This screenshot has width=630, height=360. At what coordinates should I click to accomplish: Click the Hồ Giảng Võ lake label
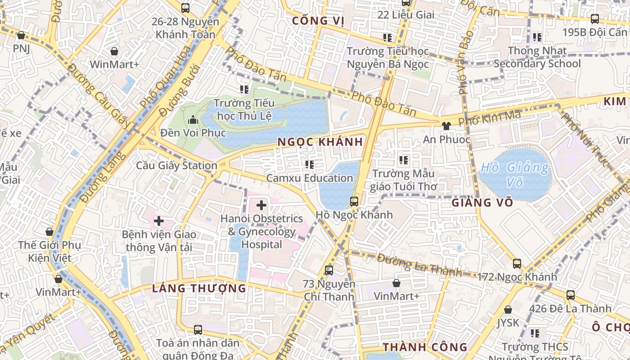(515, 175)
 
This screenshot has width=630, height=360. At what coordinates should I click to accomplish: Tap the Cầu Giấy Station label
(177, 166)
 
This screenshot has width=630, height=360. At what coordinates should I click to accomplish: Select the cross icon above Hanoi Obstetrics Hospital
(261, 206)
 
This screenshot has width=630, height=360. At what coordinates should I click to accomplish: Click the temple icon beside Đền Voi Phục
(193, 120)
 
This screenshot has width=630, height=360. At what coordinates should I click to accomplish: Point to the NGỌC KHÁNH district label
(320, 142)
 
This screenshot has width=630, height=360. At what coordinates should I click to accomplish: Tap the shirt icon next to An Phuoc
(446, 126)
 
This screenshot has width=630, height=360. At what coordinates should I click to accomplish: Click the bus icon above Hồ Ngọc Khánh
(354, 201)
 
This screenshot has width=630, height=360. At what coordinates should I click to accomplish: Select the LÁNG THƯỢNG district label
(199, 288)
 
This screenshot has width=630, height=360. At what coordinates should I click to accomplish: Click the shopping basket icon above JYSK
(508, 310)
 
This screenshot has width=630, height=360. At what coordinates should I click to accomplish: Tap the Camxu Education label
(310, 178)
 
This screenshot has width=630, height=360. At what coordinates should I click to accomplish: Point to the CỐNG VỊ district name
(318, 21)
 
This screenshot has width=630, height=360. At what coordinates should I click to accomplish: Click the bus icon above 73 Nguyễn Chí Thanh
(329, 270)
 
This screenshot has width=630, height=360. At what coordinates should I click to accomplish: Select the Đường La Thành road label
(419, 265)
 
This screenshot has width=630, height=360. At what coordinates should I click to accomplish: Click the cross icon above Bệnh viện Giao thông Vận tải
(159, 221)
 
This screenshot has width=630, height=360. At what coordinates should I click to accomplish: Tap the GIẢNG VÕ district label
(482, 202)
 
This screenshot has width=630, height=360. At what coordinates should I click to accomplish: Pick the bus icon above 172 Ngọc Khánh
(517, 264)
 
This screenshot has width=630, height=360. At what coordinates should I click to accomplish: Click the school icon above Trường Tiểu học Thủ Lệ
(244, 90)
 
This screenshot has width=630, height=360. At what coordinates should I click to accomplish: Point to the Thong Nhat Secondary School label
(537, 57)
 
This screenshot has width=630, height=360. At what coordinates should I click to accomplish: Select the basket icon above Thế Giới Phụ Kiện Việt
(49, 232)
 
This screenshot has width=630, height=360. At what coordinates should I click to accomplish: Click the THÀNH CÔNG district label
(425, 347)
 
